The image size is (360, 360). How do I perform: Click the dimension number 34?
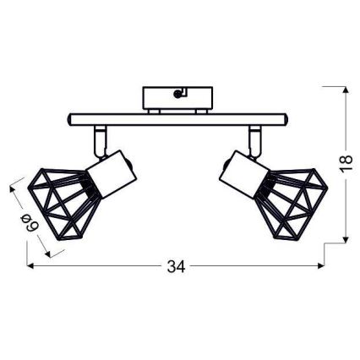point(176,267)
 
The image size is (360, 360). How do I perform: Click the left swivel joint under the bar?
point(100,134)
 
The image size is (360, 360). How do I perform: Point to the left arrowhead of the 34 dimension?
point(31,267)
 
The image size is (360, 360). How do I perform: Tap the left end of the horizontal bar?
point(67,118)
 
